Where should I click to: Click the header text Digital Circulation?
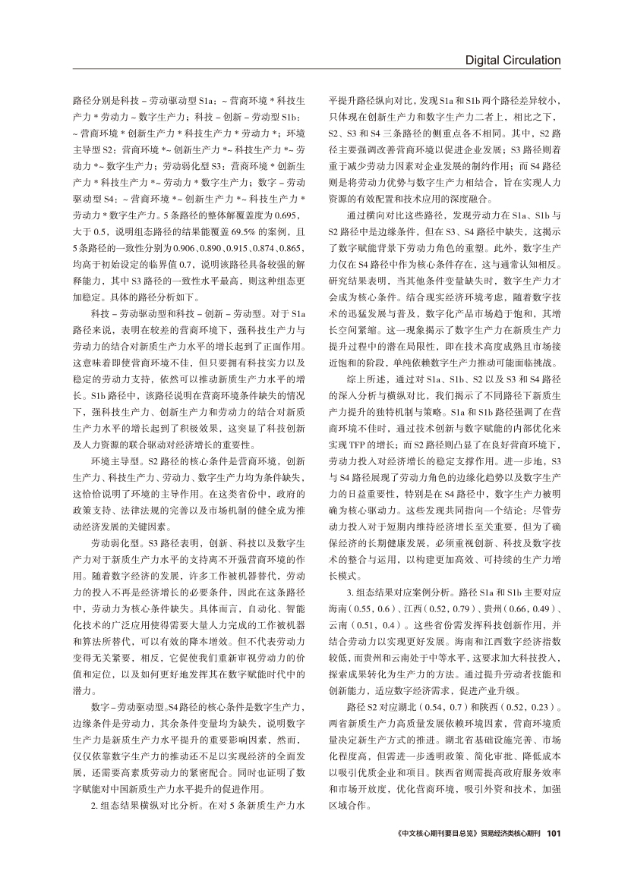coord(513,60)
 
